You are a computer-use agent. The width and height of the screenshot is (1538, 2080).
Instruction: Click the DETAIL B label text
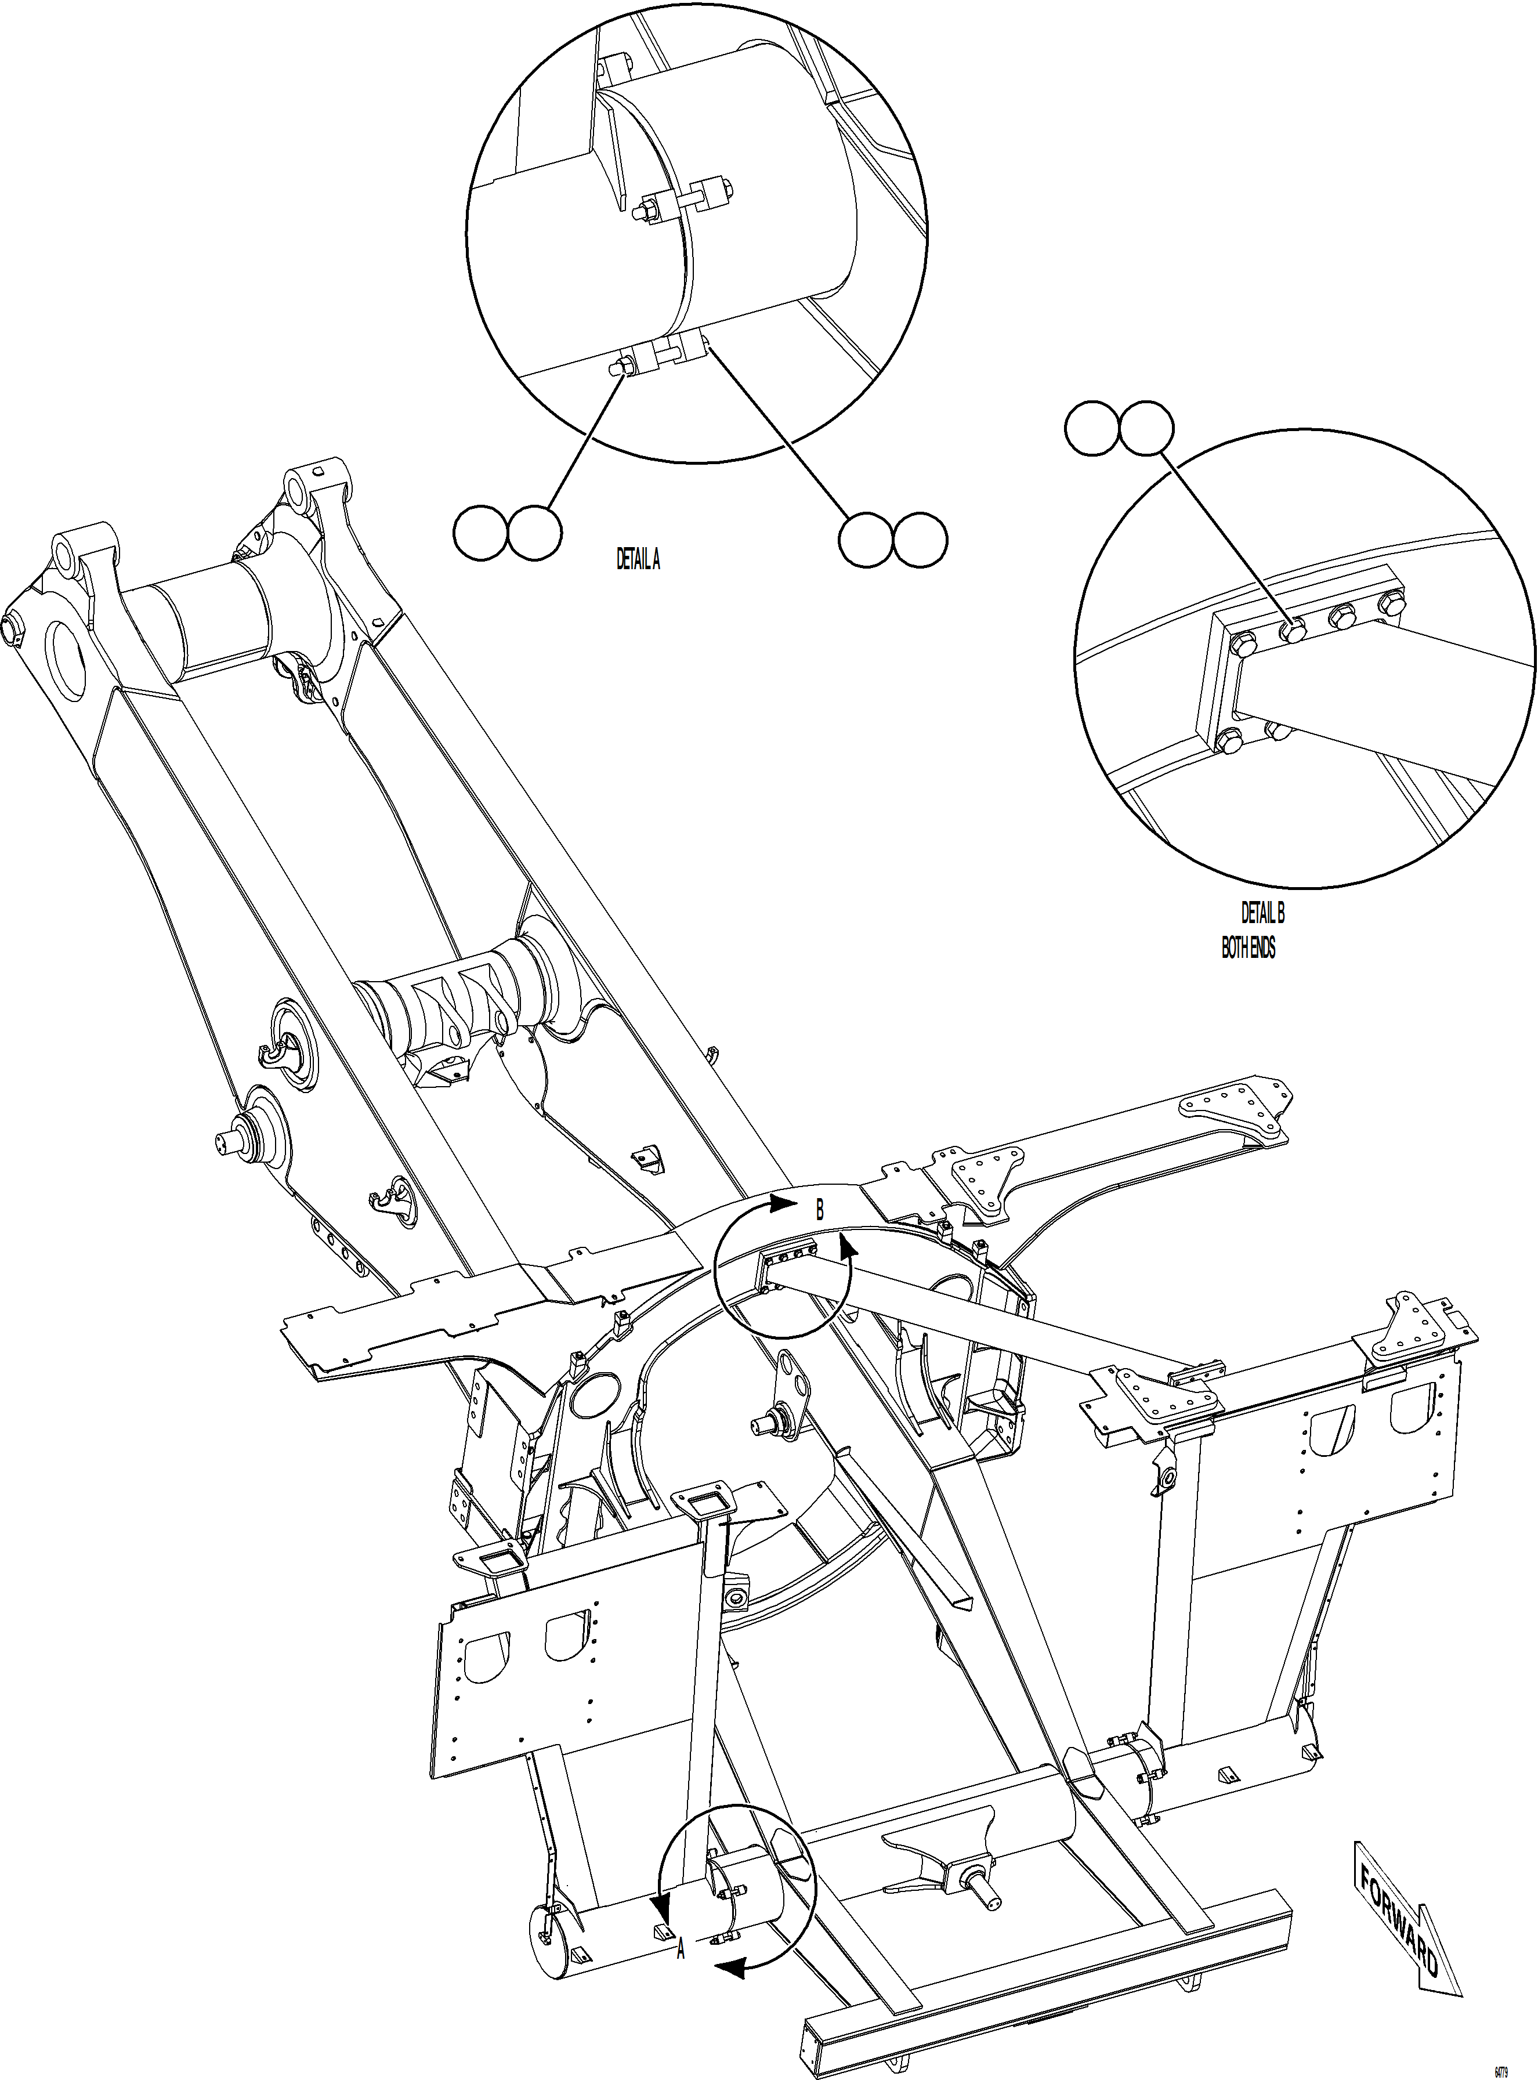point(1262,913)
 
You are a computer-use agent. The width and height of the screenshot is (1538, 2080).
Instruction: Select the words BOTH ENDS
point(1249,948)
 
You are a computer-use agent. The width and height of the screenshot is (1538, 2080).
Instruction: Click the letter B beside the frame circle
point(819,1210)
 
